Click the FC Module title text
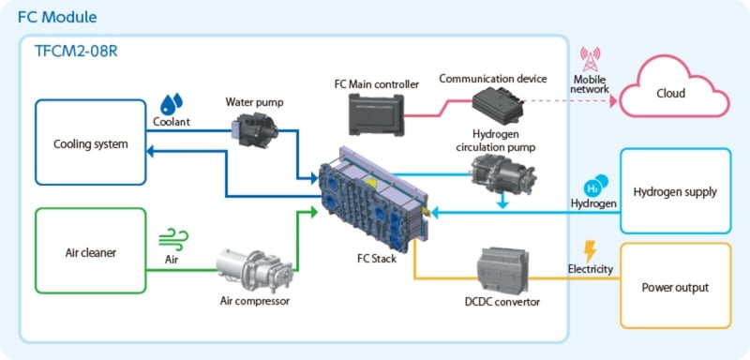57,18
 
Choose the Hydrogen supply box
675,191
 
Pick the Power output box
675,287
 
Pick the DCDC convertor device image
507,269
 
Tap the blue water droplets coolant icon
171,103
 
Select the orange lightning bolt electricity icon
589,250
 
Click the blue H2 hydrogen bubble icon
595,185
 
